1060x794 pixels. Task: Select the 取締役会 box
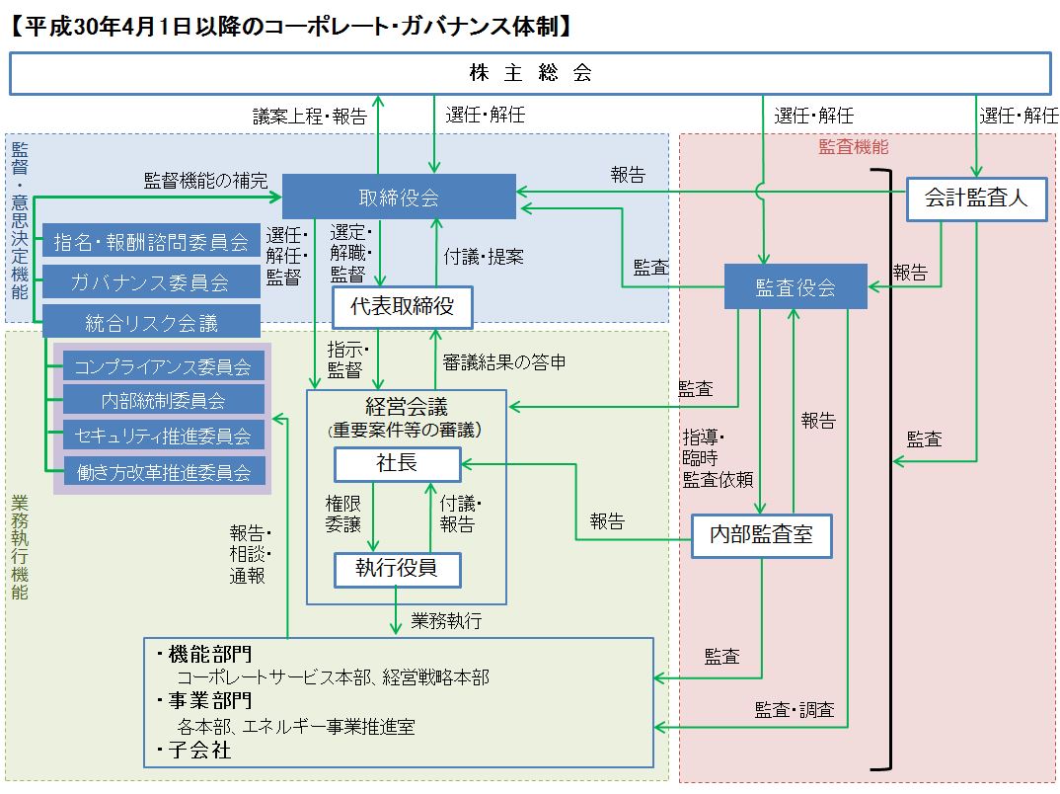(399, 197)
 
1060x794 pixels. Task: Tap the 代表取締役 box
(403, 307)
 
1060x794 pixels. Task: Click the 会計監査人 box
(976, 198)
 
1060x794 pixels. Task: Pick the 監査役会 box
(795, 287)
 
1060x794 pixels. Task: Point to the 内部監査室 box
(761, 535)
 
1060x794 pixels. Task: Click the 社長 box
(397, 464)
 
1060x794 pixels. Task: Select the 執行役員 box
(397, 568)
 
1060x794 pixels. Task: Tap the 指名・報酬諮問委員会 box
(151, 241)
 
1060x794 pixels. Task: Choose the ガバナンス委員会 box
(151, 281)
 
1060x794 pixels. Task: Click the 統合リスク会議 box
(151, 322)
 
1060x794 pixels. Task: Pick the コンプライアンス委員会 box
(163, 366)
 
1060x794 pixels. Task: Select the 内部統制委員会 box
(163, 401)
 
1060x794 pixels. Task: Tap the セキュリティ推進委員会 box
(163, 436)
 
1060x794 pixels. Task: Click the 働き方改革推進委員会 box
(163, 470)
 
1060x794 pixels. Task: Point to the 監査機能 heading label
(854, 147)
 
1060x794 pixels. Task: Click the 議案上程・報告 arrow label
(310, 117)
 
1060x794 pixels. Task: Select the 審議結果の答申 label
(504, 362)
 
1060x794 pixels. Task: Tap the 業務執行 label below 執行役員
(446, 621)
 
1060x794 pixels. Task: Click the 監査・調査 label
(795, 709)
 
